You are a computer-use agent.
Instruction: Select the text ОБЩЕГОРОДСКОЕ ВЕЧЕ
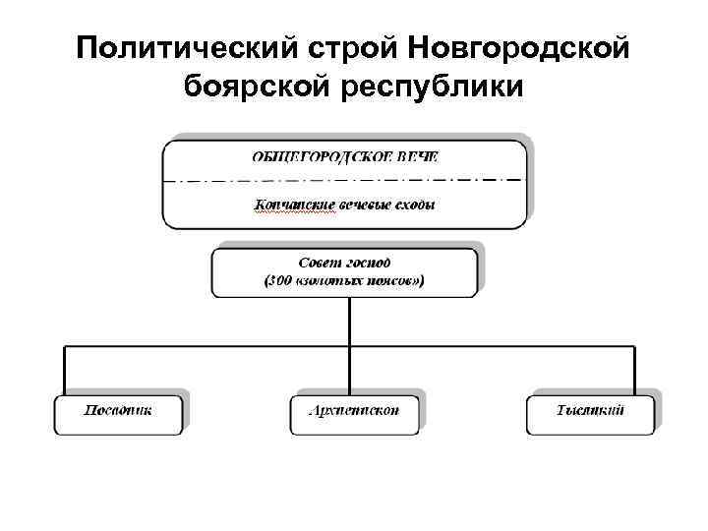[x=344, y=156]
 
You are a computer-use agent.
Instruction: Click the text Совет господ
[x=344, y=263]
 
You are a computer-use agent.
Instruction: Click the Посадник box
[x=118, y=414]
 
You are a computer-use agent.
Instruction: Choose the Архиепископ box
[x=354, y=414]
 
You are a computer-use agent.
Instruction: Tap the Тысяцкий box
[x=590, y=414]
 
